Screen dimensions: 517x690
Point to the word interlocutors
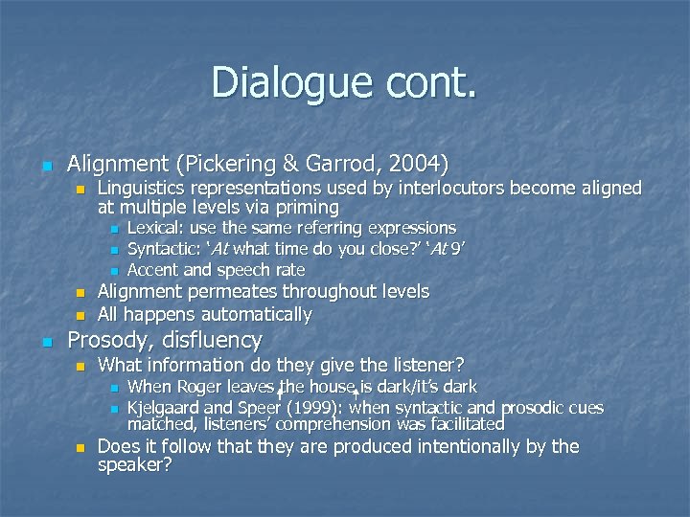tap(448, 189)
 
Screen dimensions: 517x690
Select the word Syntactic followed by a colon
tap(164, 249)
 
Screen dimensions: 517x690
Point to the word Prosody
tap(106, 340)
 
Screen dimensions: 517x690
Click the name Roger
tap(197, 387)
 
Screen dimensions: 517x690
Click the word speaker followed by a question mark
tap(134, 465)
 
